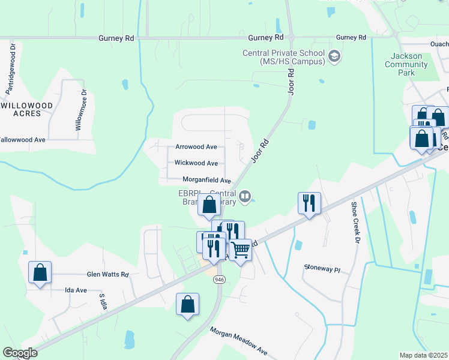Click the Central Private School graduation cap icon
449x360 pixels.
(x=334, y=58)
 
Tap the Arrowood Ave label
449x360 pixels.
(x=196, y=146)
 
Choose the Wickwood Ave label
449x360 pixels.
(x=196, y=163)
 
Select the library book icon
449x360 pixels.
(x=245, y=196)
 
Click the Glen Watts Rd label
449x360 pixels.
(x=108, y=274)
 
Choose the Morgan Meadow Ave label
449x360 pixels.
(x=238, y=340)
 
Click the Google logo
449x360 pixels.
(x=20, y=353)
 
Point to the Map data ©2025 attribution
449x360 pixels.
(x=423, y=355)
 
